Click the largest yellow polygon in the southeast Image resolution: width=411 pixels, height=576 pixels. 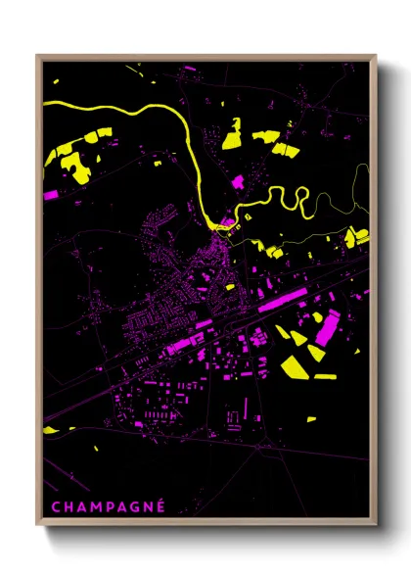pos(293,366)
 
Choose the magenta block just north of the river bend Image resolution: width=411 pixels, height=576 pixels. pos(238,181)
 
